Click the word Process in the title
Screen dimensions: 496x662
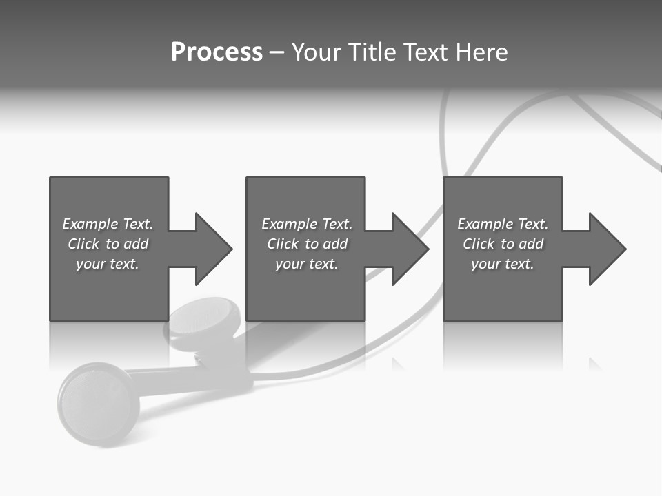coord(217,52)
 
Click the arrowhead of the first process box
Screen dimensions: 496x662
coord(213,249)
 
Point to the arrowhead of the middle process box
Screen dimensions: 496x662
coord(410,249)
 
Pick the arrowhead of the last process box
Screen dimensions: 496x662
coord(607,249)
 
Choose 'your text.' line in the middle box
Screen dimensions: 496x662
coord(306,264)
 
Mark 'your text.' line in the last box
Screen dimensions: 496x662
coord(502,264)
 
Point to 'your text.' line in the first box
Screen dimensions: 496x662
coord(107,264)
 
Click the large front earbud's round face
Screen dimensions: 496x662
coord(97,402)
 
